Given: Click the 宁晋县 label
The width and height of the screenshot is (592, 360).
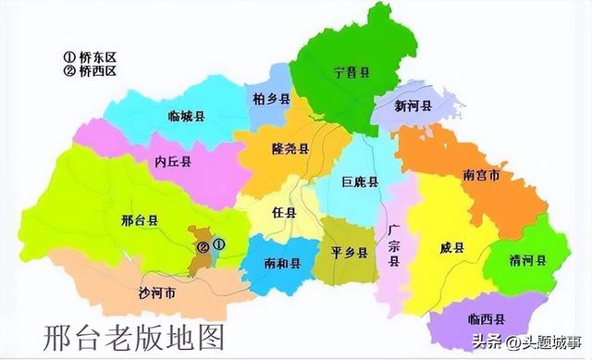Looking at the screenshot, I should (x=352, y=70).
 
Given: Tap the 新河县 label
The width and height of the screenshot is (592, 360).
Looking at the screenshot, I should (x=413, y=106).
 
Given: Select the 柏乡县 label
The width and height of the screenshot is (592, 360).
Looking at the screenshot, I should (x=271, y=98).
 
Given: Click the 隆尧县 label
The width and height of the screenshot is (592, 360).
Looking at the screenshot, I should (x=290, y=149).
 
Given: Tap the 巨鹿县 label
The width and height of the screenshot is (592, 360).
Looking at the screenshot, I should (x=360, y=182).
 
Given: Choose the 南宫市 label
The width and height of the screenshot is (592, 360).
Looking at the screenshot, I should (x=481, y=175).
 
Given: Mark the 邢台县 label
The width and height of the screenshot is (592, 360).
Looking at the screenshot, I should (x=140, y=220).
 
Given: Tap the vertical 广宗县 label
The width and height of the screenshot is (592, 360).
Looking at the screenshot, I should (x=393, y=245).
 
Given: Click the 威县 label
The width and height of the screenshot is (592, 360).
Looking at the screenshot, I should (x=453, y=247).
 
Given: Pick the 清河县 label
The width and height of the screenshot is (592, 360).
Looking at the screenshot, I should (x=527, y=260).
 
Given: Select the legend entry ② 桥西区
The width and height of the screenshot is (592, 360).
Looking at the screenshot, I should (x=91, y=71).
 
